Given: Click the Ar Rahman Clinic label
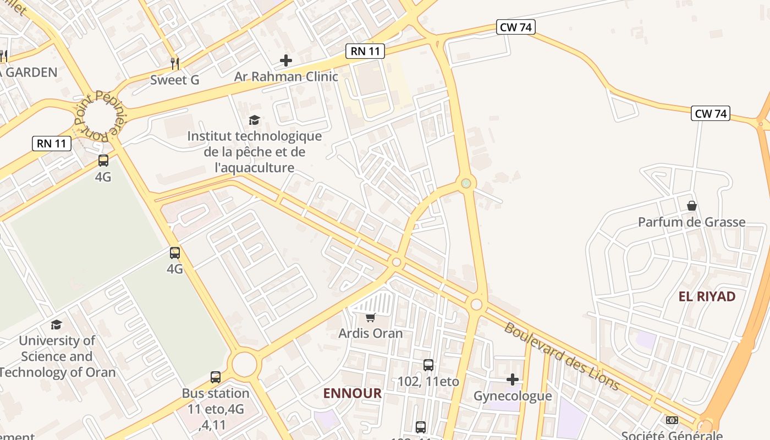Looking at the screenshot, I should [286, 76].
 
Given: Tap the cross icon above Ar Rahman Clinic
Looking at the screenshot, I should [286, 61].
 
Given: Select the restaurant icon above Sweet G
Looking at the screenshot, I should [175, 63].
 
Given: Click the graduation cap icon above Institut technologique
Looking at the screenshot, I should [254, 120].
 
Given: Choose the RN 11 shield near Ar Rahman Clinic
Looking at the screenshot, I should [365, 52].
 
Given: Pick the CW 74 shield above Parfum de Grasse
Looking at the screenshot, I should [711, 114].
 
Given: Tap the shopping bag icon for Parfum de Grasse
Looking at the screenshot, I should [692, 206].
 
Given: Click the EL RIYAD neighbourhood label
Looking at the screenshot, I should [707, 296].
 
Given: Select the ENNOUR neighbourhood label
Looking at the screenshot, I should [352, 393].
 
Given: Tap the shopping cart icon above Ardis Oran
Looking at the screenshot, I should [371, 318].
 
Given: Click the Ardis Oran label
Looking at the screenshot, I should [371, 333].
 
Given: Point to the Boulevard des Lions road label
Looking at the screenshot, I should [562, 356].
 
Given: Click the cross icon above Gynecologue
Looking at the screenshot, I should [513, 380].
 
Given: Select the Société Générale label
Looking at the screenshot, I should [672, 435].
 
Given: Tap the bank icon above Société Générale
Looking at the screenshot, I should [672, 420].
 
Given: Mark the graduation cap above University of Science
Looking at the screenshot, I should [56, 324].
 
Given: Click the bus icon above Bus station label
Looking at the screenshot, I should [216, 377].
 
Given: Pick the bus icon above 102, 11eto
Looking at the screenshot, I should [428, 365].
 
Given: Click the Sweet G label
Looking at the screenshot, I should [175, 80].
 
